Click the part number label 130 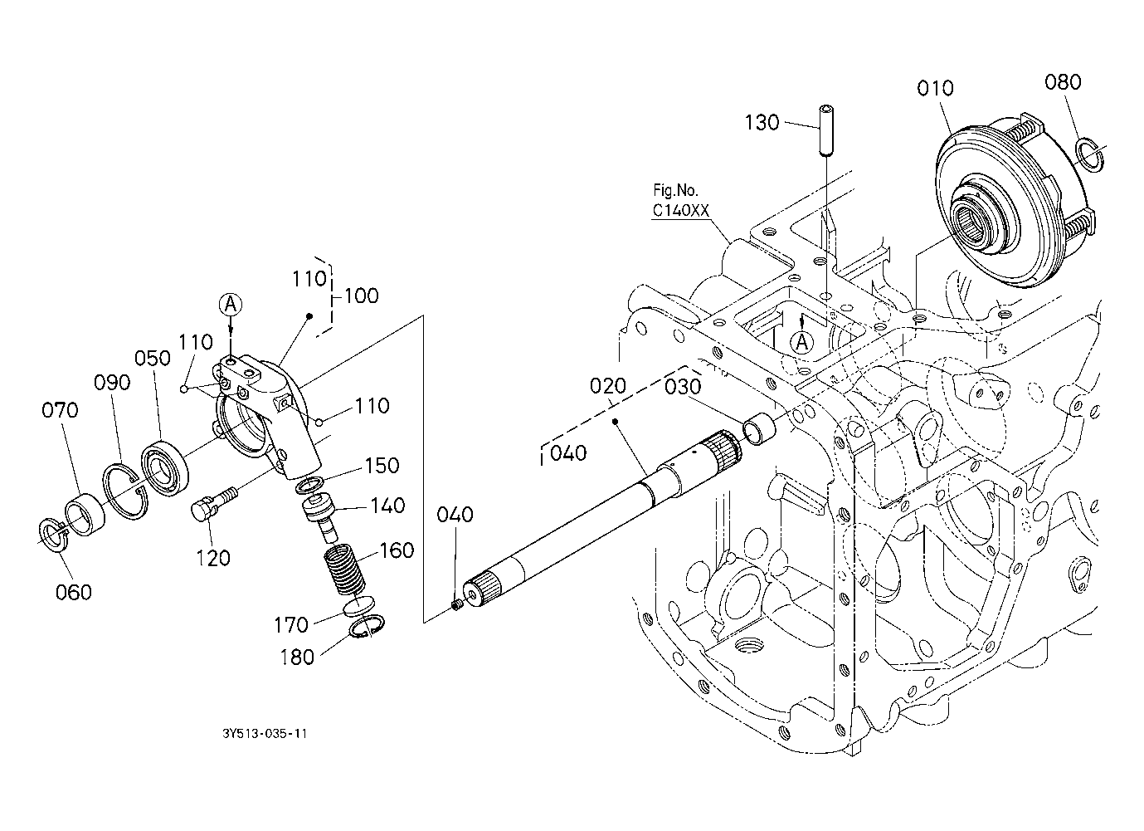click(x=762, y=123)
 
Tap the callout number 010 click(x=935, y=89)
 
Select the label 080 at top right click(x=1063, y=82)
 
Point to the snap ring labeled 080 click(x=1090, y=153)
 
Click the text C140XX click(x=681, y=210)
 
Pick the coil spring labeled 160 click(x=346, y=570)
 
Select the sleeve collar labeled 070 click(x=85, y=514)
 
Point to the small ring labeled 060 click(x=54, y=535)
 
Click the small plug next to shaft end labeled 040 click(x=457, y=606)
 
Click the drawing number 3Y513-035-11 click(x=265, y=733)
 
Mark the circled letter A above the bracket click(x=231, y=305)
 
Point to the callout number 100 click(x=361, y=296)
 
